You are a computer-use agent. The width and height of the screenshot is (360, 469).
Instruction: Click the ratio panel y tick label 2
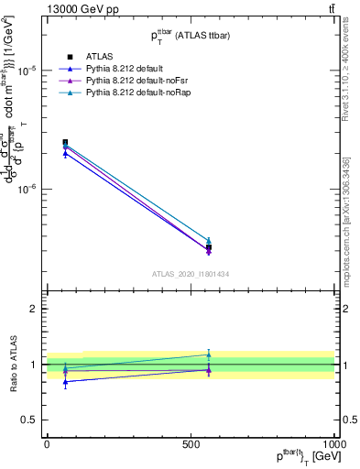tap(35, 310)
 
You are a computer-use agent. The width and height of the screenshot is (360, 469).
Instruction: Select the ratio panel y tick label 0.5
tap(31, 420)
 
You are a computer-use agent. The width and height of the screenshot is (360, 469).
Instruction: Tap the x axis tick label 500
tap(191, 443)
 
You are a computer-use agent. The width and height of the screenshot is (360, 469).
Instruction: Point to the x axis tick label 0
tap(47, 443)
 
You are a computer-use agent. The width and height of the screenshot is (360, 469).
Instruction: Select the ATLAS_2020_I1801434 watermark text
tap(190, 274)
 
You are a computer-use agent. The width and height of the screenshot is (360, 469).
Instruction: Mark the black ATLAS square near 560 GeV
tap(209, 247)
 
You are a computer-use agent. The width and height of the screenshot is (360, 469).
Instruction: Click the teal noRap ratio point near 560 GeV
tap(209, 354)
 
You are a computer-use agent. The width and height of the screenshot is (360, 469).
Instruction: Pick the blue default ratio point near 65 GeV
tap(65, 381)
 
